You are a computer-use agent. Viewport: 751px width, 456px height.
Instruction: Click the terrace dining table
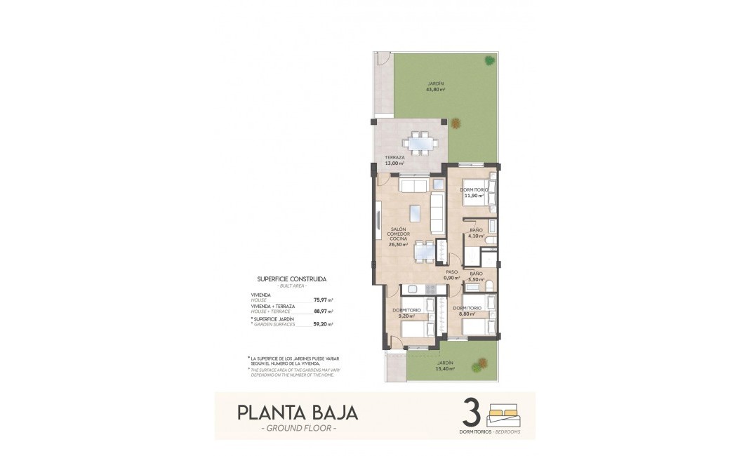coord(423,142)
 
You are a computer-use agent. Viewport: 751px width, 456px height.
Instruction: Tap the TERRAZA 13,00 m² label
coord(394,160)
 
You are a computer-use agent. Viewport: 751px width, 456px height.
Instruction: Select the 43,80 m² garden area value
coord(436,89)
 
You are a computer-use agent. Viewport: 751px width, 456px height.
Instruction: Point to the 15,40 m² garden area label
coord(445,368)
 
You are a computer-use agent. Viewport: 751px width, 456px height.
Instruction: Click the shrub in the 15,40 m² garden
coord(480,365)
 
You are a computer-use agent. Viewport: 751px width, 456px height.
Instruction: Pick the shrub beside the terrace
coord(456,123)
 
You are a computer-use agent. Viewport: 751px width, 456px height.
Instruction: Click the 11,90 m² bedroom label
coord(475,193)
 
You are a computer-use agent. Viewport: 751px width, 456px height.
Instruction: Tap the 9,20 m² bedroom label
coord(407,313)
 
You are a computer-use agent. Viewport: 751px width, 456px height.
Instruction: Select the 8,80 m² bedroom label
coord(467,311)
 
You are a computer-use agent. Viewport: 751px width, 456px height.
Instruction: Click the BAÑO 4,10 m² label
coord(476,233)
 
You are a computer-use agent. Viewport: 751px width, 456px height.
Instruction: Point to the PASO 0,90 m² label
coord(451,274)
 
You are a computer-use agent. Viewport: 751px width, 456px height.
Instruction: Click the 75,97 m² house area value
coord(324,300)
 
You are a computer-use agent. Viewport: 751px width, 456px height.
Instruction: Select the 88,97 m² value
coord(324,311)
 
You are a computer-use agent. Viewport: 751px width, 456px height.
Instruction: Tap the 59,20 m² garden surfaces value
coord(324,324)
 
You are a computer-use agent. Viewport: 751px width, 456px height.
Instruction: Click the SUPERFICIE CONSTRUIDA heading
coord(291,279)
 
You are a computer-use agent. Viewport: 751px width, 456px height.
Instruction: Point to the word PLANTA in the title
coord(265,412)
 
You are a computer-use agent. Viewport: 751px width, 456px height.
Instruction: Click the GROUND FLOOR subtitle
coord(298,428)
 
